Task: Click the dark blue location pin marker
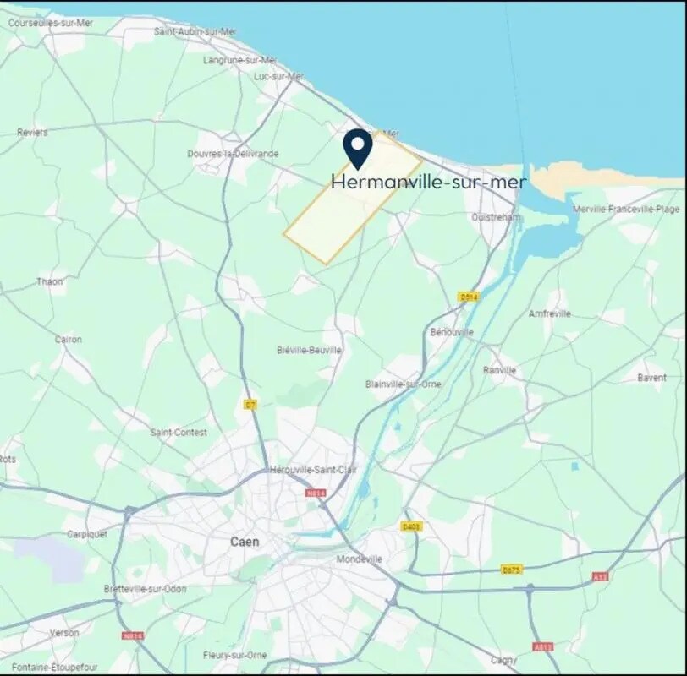click(358, 149)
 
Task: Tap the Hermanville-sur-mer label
click(428, 182)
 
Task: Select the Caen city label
click(245, 542)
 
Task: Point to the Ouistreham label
click(497, 217)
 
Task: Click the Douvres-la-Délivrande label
click(233, 154)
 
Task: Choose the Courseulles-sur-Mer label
click(51, 23)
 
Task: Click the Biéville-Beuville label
click(310, 350)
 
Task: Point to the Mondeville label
click(360, 559)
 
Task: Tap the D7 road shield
click(250, 405)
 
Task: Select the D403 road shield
click(412, 526)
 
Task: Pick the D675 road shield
click(511, 569)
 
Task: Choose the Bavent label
click(651, 378)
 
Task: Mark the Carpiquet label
click(88, 534)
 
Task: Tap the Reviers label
click(32, 133)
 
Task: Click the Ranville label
click(499, 370)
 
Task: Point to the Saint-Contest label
click(179, 433)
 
